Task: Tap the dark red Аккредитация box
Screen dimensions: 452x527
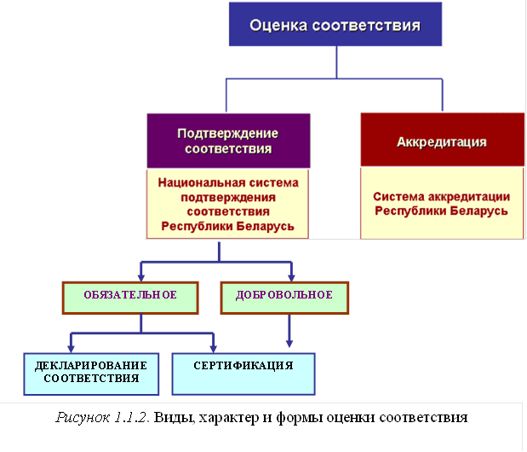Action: click(x=442, y=141)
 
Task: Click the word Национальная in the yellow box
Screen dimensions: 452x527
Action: click(x=196, y=183)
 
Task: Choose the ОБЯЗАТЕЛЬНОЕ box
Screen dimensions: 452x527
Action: click(x=130, y=295)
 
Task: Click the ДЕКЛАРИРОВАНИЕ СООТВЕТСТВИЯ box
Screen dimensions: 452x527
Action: click(x=91, y=373)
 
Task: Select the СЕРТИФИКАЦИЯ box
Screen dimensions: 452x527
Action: click(x=243, y=366)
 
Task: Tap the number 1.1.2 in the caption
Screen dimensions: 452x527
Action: click(x=132, y=419)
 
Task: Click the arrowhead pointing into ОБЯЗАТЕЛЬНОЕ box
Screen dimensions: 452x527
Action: click(x=141, y=275)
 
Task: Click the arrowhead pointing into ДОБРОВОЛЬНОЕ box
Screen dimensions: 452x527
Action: click(x=291, y=275)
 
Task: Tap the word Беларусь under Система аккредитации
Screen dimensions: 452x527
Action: click(x=480, y=210)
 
